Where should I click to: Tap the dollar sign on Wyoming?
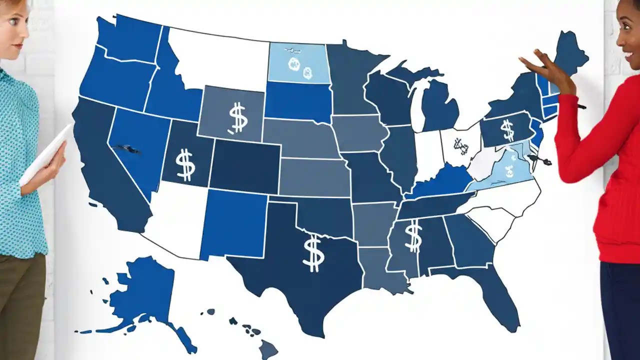[x=237, y=118]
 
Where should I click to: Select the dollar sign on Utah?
[x=185, y=164]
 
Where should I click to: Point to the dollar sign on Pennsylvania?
[x=507, y=130]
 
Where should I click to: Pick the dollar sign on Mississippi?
[x=412, y=237]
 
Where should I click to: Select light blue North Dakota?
[x=298, y=62]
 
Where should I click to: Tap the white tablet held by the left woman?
[x=45, y=155]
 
